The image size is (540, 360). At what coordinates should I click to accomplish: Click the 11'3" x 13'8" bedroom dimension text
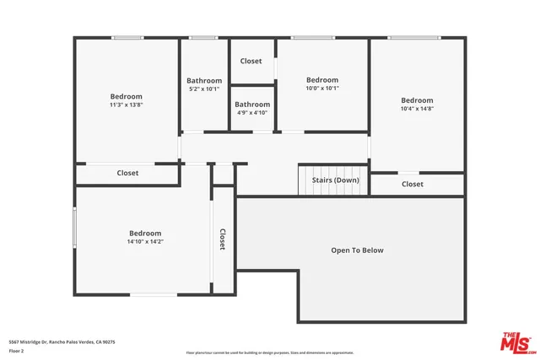point(127,105)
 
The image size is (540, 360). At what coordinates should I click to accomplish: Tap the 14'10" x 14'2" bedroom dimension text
point(145,242)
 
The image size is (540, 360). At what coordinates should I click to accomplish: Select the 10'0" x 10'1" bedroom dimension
point(321,89)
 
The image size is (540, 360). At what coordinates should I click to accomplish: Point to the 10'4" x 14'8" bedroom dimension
point(417,109)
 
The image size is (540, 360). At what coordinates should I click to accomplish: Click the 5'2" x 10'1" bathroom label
point(203,89)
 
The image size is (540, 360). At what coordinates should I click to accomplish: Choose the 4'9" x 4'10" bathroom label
point(251,112)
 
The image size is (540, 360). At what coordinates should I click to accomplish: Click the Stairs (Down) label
point(335,180)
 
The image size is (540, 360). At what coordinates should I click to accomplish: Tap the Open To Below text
point(357,250)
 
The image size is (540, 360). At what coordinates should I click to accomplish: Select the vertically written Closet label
point(223,240)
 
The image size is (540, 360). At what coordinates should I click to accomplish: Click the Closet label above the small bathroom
point(251,61)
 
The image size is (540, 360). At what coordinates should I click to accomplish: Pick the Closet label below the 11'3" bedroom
point(127,173)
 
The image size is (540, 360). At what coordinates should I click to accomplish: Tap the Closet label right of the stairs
point(413,184)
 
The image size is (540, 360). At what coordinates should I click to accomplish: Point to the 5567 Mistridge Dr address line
point(62,341)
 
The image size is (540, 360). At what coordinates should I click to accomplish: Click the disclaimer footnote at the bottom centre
point(270,352)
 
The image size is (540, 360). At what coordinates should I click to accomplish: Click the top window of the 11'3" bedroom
point(127,37)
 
